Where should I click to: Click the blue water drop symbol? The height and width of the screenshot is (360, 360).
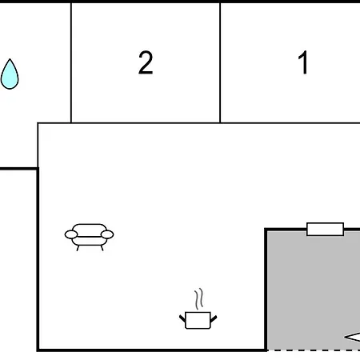[x=10, y=75]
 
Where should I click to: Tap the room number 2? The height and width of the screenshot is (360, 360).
[x=146, y=62]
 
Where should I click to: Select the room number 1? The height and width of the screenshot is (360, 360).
[x=303, y=62]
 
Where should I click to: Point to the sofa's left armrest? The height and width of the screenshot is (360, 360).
[x=71, y=234]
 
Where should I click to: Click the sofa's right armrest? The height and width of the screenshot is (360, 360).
[x=107, y=234]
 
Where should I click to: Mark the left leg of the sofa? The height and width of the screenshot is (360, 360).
[x=78, y=248]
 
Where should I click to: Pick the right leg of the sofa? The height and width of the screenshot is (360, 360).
[x=102, y=248]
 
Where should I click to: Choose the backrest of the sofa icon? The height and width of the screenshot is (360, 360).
[x=90, y=230]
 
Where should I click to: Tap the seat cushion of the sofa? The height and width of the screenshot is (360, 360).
[x=90, y=241]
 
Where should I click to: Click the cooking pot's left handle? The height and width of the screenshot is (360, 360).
[x=182, y=318]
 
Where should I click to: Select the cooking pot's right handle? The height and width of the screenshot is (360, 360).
[x=214, y=318]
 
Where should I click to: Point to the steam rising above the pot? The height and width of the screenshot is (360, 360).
[x=199, y=299]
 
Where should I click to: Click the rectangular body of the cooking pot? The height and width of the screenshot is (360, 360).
[x=198, y=320]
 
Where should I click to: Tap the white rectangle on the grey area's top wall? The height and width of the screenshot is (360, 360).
[x=325, y=230]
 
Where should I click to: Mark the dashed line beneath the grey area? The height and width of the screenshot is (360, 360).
[x=314, y=350]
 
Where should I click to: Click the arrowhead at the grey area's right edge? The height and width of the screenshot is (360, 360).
[x=353, y=337]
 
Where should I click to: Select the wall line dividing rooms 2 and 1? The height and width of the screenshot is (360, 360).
[x=220, y=62]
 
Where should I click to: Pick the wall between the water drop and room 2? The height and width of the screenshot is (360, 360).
[x=71, y=62]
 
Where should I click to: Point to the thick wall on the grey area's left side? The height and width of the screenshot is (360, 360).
[x=266, y=290]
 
